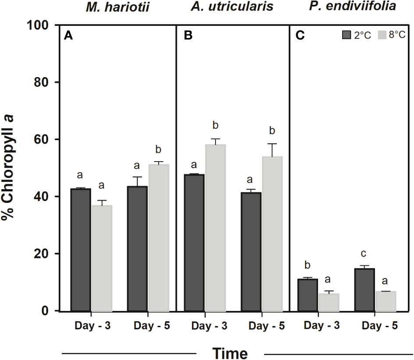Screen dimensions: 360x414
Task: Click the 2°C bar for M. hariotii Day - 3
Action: coord(81,250)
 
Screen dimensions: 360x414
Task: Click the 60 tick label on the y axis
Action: coord(45,140)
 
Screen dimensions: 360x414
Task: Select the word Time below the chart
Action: coord(230,353)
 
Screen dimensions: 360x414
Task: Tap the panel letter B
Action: coord(188,36)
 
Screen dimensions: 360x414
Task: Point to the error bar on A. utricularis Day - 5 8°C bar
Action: coord(272,150)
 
